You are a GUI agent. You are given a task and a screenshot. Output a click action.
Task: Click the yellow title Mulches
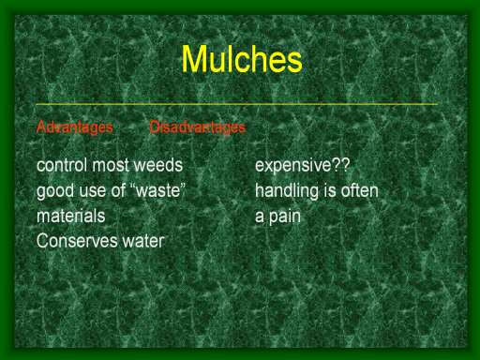click(242, 59)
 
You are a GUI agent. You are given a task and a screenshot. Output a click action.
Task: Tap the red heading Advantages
click(74, 127)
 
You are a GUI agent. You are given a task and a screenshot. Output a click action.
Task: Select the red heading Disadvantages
click(198, 127)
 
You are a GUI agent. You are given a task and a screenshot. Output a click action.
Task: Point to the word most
click(111, 165)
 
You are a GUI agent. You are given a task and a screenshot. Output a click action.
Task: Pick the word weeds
click(158, 165)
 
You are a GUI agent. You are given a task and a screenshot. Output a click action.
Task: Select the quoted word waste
click(157, 190)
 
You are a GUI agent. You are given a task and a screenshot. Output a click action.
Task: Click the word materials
click(71, 216)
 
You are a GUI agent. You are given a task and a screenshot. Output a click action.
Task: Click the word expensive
click(293, 166)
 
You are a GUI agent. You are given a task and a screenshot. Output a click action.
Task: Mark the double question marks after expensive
click(340, 165)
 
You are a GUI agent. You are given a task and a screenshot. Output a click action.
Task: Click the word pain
click(284, 217)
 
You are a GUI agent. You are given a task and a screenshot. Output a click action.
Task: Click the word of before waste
click(118, 190)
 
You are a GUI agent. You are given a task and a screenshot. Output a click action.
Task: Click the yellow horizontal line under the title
click(237, 104)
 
